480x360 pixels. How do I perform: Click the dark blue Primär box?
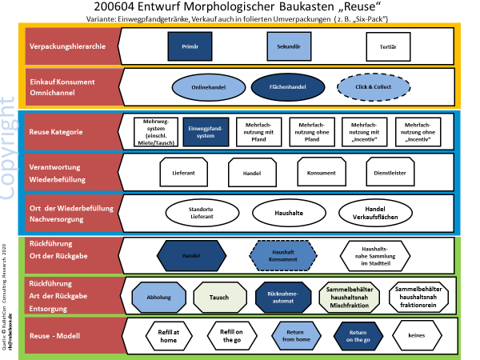[190, 46]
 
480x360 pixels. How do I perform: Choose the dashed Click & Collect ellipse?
[366, 86]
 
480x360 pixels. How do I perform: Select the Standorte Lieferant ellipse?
[201, 214]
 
